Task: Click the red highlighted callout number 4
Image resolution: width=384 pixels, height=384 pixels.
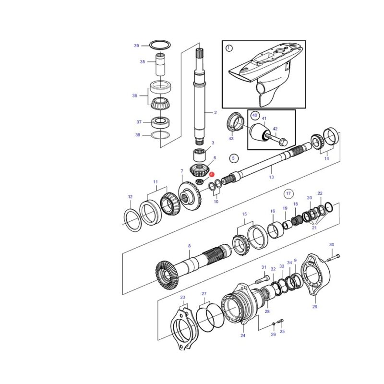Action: coord(212,174)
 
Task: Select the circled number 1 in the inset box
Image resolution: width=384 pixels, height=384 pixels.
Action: coord(229,48)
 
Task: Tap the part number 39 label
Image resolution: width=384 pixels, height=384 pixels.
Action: coord(136,46)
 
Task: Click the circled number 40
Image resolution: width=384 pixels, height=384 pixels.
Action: coord(255,115)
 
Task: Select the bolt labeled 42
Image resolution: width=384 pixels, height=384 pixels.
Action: coord(277,139)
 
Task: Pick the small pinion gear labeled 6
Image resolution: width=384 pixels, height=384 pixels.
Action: coord(199,170)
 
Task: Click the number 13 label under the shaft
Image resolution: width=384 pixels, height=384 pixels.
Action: coord(271,177)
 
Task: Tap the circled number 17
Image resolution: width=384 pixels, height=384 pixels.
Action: coord(288,194)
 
